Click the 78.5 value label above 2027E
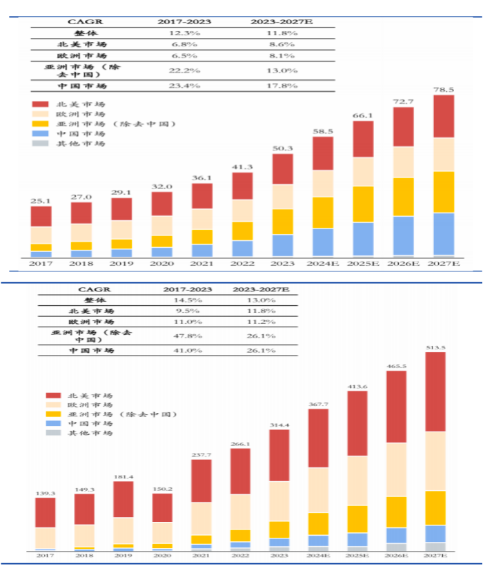[443, 89]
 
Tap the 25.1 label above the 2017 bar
[41, 201]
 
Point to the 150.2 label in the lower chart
[163, 488]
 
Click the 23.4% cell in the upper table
[184, 86]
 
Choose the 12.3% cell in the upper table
[184, 33]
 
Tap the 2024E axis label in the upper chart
[322, 264]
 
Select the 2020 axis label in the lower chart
[163, 556]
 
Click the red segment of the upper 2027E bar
[443, 116]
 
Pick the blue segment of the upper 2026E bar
[403, 235]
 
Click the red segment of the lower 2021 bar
[201, 480]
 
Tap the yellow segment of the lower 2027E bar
[435, 507]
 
